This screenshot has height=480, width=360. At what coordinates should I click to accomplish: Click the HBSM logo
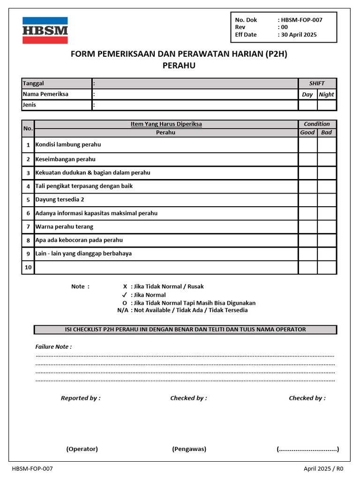pos(45,30)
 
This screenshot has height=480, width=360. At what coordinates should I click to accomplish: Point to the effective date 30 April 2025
pos(299,35)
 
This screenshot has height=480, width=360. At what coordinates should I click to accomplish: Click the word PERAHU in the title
pos(179,66)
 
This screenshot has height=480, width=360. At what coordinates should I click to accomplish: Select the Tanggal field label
pos(33,83)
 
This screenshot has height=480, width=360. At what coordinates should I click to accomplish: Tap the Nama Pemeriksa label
pos(45,94)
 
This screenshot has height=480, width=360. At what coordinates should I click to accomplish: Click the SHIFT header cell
pos(317,83)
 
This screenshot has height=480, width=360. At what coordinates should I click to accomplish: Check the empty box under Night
pos(326,105)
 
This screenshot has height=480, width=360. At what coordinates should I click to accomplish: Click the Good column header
pos(307,133)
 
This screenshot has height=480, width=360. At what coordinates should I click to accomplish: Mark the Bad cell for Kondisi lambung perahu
pos(326,145)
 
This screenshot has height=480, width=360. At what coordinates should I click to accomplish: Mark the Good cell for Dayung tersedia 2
pos(307,200)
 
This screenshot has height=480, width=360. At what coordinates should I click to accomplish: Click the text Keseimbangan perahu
pos(65,159)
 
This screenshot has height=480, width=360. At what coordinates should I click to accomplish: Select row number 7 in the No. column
pos(28,227)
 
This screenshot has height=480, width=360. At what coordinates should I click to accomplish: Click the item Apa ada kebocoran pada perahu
pos(79,240)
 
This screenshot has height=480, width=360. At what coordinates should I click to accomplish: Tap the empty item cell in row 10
pos(166,268)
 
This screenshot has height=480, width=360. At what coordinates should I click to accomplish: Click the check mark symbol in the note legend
pos(124,295)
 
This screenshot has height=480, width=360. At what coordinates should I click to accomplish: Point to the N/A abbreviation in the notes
pos(123,310)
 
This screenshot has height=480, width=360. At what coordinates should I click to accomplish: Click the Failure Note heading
pos(53,347)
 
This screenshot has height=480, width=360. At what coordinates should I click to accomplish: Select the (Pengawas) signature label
pos(189,449)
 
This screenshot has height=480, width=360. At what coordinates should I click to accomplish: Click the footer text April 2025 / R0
pos(323,469)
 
